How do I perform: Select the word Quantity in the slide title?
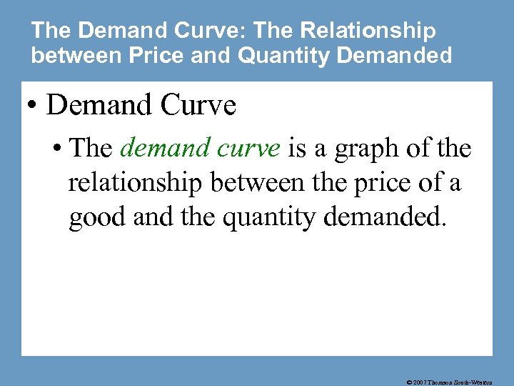[x=274, y=55]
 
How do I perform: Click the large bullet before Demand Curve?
[x=32, y=106]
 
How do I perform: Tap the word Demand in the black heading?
[x=99, y=105]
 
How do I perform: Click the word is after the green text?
[x=296, y=149]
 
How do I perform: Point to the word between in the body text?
[x=247, y=183]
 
